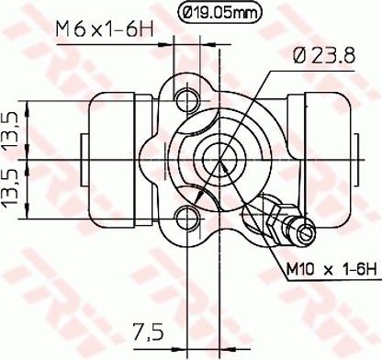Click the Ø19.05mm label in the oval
click(219, 13)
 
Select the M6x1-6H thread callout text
click(105, 29)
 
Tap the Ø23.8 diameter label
click(324, 55)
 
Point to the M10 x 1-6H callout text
click(331, 270)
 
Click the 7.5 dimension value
click(148, 332)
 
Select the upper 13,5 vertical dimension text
click(12, 129)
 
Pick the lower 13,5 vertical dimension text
click(12, 189)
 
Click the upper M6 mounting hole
click(186, 100)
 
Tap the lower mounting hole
click(186, 218)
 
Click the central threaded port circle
click(219, 159)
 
